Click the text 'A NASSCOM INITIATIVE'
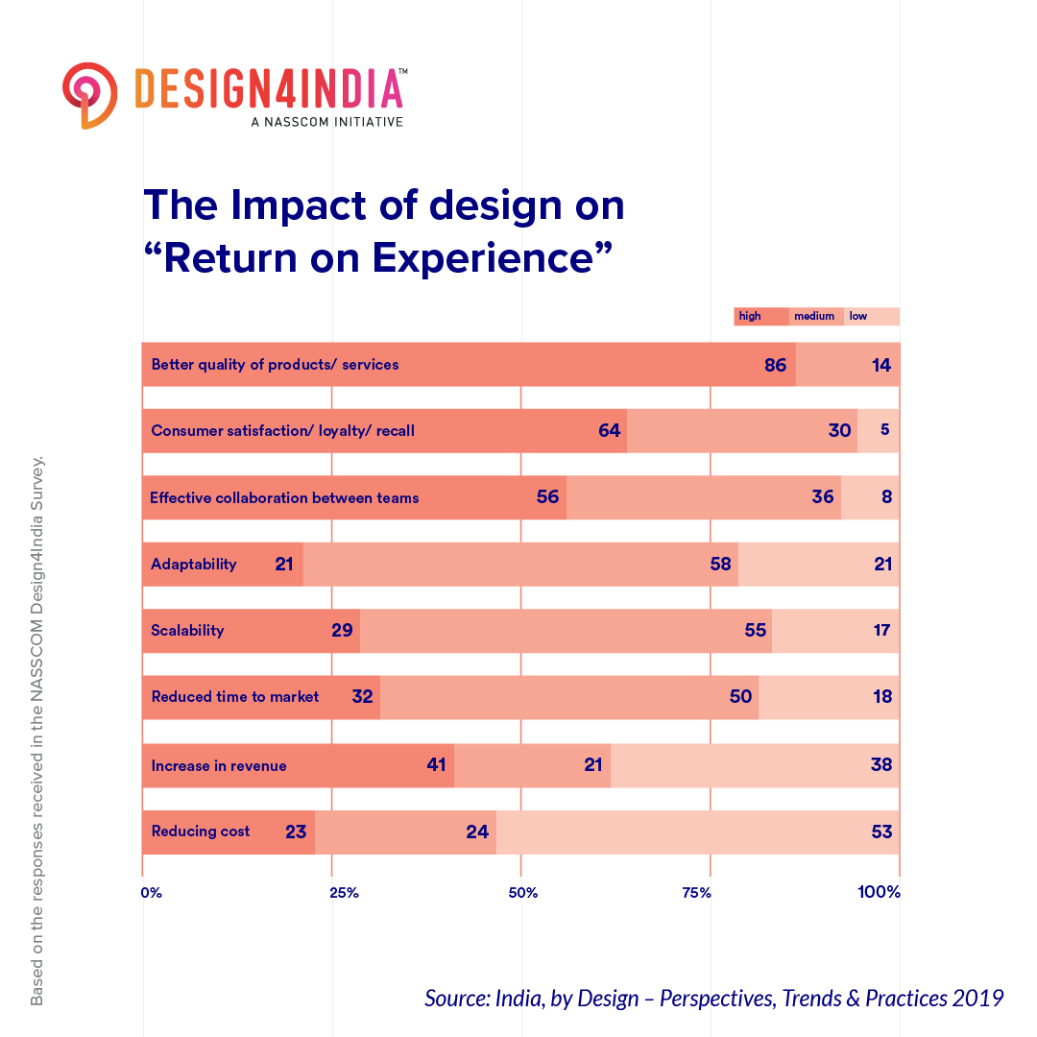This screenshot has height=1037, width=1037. pyautogui.click(x=326, y=122)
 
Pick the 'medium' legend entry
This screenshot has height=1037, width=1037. pyautogui.click(x=815, y=317)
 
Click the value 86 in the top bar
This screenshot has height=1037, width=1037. pyautogui.click(x=775, y=366)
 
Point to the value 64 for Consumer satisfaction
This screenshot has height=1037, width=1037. pyautogui.click(x=609, y=431)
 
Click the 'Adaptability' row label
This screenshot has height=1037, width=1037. pyautogui.click(x=193, y=565)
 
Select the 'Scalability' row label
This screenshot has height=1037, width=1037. pyautogui.click(x=187, y=631)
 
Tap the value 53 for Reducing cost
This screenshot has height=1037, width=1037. pyautogui.click(x=881, y=832)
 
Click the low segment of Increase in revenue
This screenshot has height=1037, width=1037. pyautogui.click(x=755, y=765)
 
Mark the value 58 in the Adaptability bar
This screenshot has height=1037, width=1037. pyautogui.click(x=721, y=565)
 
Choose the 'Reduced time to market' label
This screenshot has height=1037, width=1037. pyautogui.click(x=235, y=697)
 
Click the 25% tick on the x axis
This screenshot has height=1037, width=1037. pyautogui.click(x=344, y=893)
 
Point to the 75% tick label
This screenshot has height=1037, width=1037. pyautogui.click(x=697, y=893)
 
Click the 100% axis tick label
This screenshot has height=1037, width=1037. pyautogui.click(x=879, y=893)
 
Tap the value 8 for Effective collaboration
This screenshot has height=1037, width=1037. pyautogui.click(x=884, y=498)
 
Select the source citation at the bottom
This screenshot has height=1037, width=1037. pyautogui.click(x=713, y=998)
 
